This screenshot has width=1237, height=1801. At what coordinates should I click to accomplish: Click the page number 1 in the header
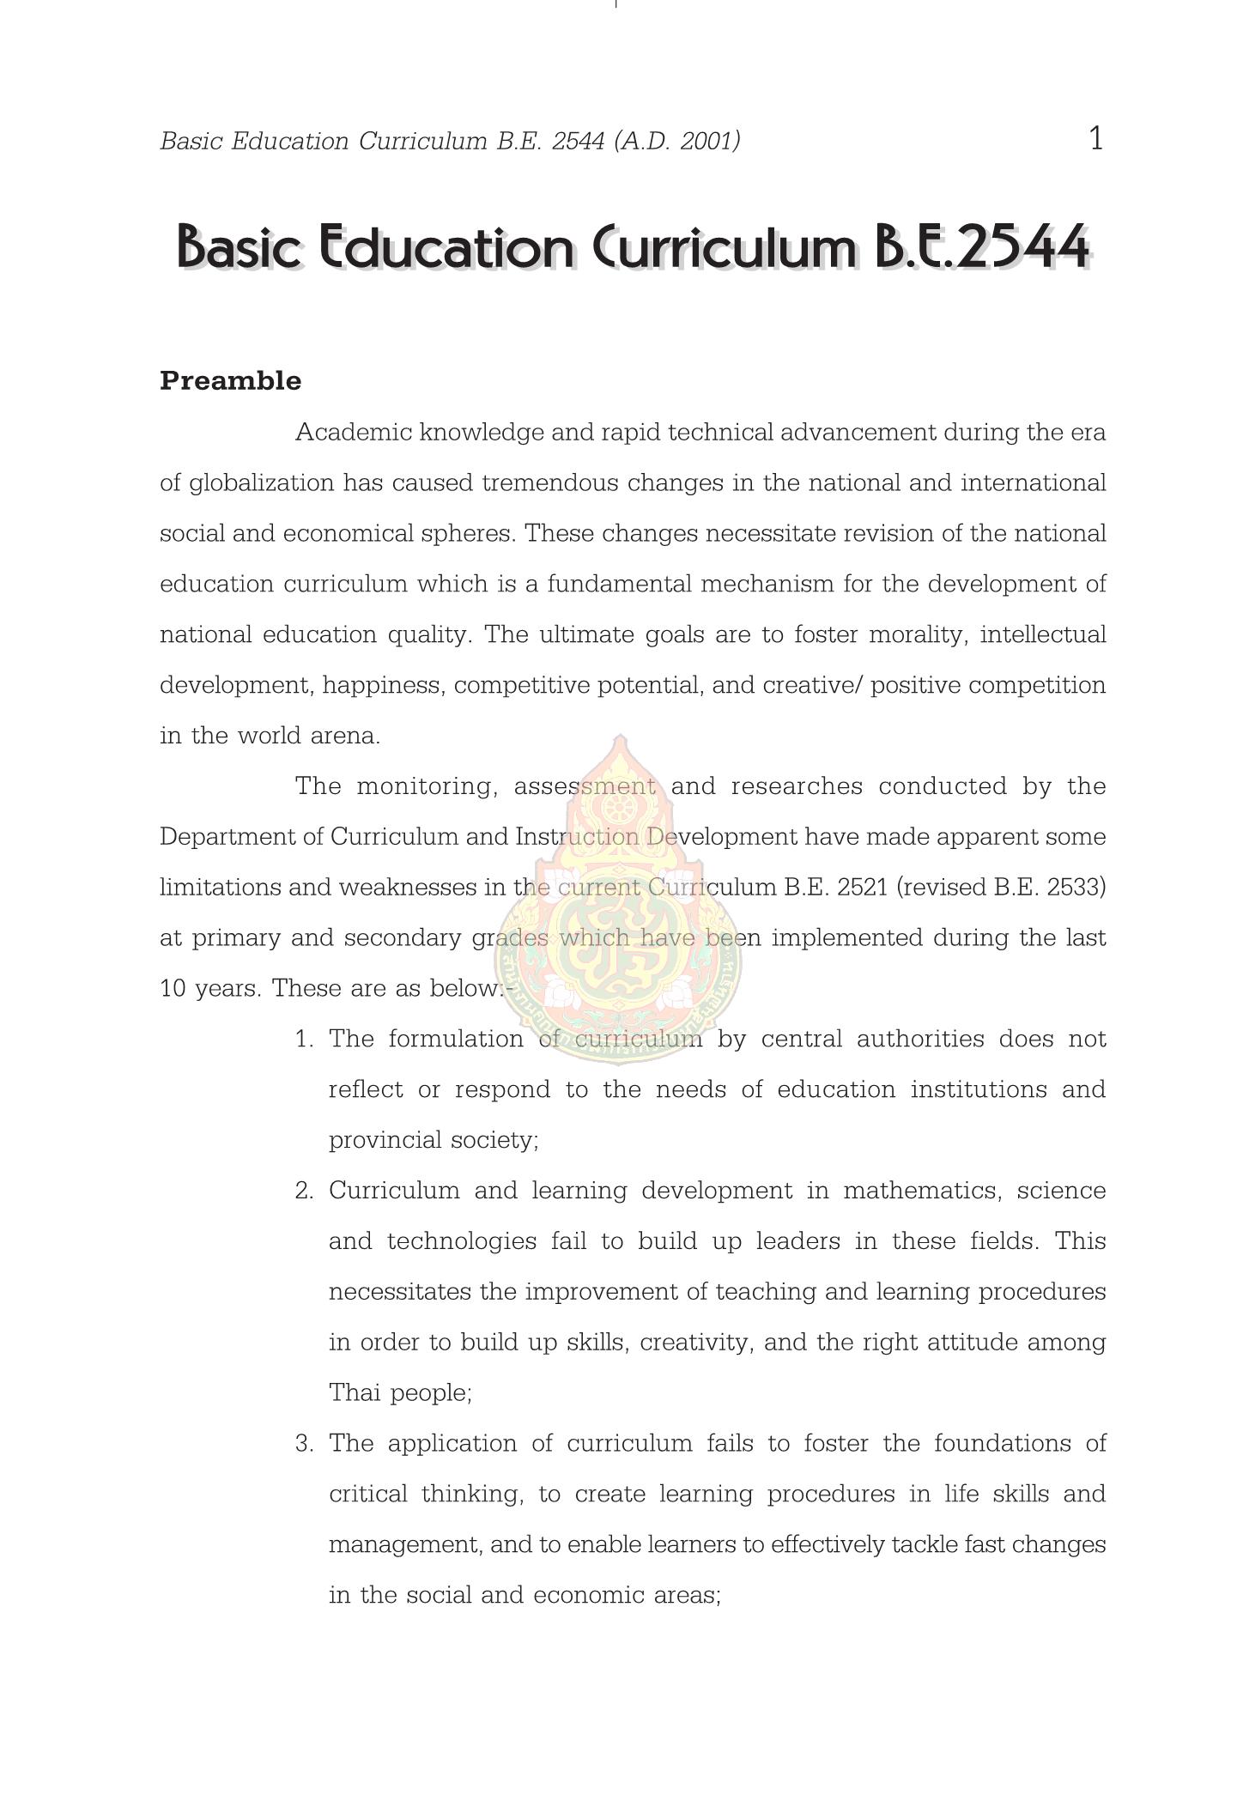(x=1095, y=138)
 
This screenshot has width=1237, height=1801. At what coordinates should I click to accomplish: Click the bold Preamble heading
(x=230, y=381)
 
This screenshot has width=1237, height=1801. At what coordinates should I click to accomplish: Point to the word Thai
(x=355, y=1393)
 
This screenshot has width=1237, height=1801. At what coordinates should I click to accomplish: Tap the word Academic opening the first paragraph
(x=353, y=433)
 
